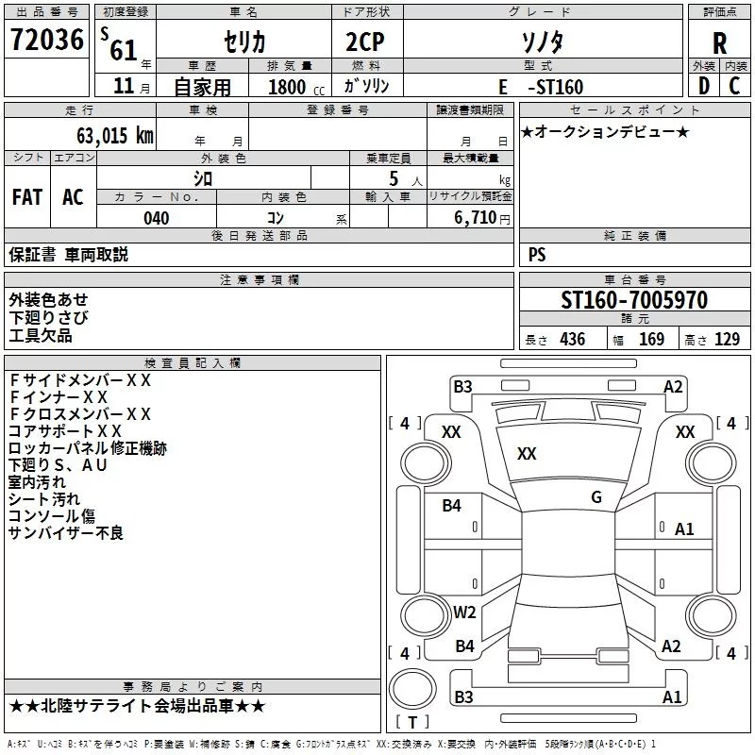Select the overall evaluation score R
coord(719,42)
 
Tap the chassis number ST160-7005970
coord(633,300)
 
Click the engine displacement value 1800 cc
coord(290,87)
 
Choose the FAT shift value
coord(26,197)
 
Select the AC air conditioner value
coord(73,197)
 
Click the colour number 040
coord(156,218)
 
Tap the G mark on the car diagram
coord(596,497)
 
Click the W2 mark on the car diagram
coord(464,612)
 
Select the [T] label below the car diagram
coord(411,723)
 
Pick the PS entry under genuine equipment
coord(537,255)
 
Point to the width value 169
coord(651,340)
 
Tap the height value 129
coord(727,340)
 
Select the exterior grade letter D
coord(703,87)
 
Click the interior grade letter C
coord(735,87)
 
